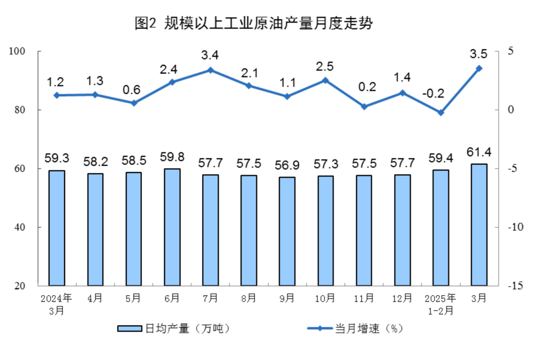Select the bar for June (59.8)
(x=172, y=227)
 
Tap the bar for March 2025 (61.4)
(x=479, y=225)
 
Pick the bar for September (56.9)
(x=287, y=231)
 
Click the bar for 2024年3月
(x=56, y=228)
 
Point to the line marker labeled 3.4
(x=211, y=70)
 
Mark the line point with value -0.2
(x=441, y=112)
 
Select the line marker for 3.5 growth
(x=479, y=68)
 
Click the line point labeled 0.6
(x=134, y=103)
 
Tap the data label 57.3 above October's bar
(x=325, y=164)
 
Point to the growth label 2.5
(x=325, y=66)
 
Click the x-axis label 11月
(x=364, y=299)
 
